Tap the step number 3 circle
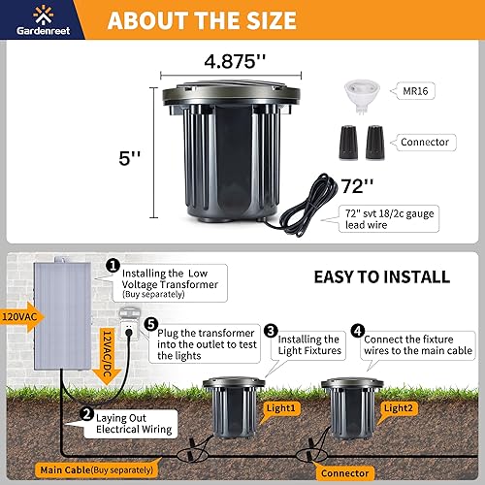pyautogui.click(x=272, y=331)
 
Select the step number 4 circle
pyautogui.click(x=357, y=331)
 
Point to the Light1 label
pyautogui.click(x=280, y=408)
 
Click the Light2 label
pyautogui.click(x=399, y=408)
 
